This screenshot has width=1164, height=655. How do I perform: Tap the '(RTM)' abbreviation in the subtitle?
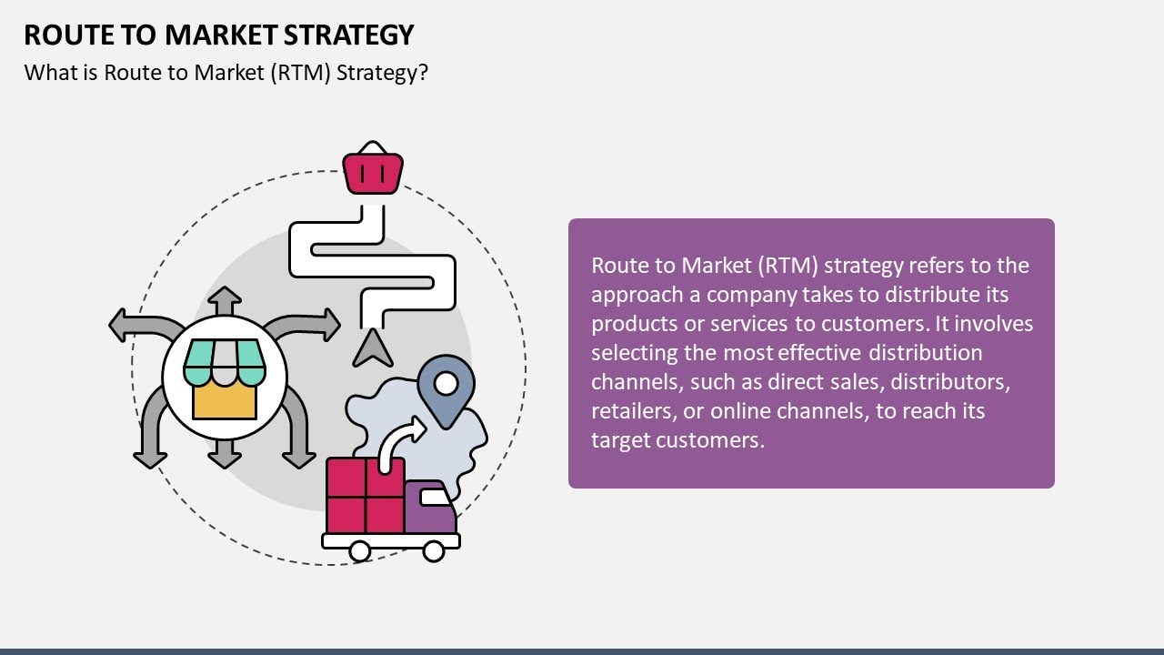(301, 73)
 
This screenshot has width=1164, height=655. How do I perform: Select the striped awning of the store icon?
(225, 362)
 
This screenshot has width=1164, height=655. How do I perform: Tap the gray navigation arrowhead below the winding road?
(371, 348)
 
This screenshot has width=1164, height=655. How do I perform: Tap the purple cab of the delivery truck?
(430, 509)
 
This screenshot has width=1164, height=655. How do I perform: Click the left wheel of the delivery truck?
(359, 550)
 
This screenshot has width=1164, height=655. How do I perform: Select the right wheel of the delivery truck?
(434, 550)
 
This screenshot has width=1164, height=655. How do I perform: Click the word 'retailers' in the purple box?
(630, 411)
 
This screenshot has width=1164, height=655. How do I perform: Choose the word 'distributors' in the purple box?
(956, 382)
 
